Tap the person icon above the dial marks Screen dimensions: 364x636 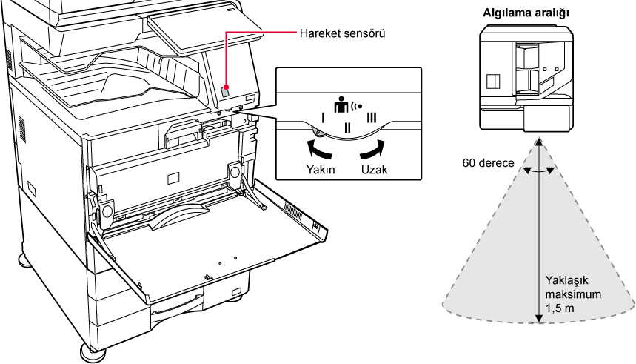(341, 105)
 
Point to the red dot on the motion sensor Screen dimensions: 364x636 (225, 87)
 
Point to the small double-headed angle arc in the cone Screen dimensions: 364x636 (538, 171)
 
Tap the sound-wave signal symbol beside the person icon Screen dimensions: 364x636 (359, 105)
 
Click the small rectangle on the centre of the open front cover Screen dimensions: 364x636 (172, 178)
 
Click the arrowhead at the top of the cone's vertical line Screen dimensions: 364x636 (538, 142)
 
